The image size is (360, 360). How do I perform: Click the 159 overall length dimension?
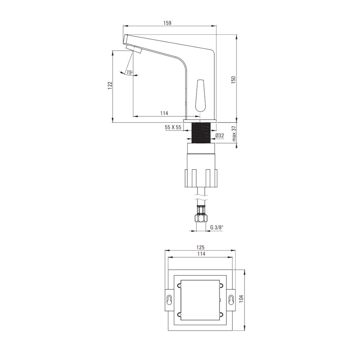[x=167, y=23]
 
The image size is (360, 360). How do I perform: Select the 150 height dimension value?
[x=233, y=80]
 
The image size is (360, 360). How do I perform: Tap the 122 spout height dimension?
[x=110, y=85]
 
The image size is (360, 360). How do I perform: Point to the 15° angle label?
[x=129, y=72]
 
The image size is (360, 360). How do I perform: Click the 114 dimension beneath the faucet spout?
[x=164, y=113]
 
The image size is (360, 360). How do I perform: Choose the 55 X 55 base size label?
[x=173, y=127]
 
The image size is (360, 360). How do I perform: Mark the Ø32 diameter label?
[x=220, y=135]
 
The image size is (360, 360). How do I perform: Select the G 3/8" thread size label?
[x=217, y=227]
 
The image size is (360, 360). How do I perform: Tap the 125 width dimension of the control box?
[x=201, y=247]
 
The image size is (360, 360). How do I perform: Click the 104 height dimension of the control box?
[x=242, y=300]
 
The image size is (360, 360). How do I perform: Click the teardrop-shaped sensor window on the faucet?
[x=200, y=96]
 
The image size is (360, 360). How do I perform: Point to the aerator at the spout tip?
[x=134, y=49]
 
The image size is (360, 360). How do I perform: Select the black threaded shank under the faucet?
[x=201, y=133]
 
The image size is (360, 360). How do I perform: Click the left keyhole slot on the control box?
[x=169, y=300]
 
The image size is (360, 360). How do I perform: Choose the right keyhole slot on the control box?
[x=231, y=300]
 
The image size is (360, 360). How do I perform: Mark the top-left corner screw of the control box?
[x=179, y=286]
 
